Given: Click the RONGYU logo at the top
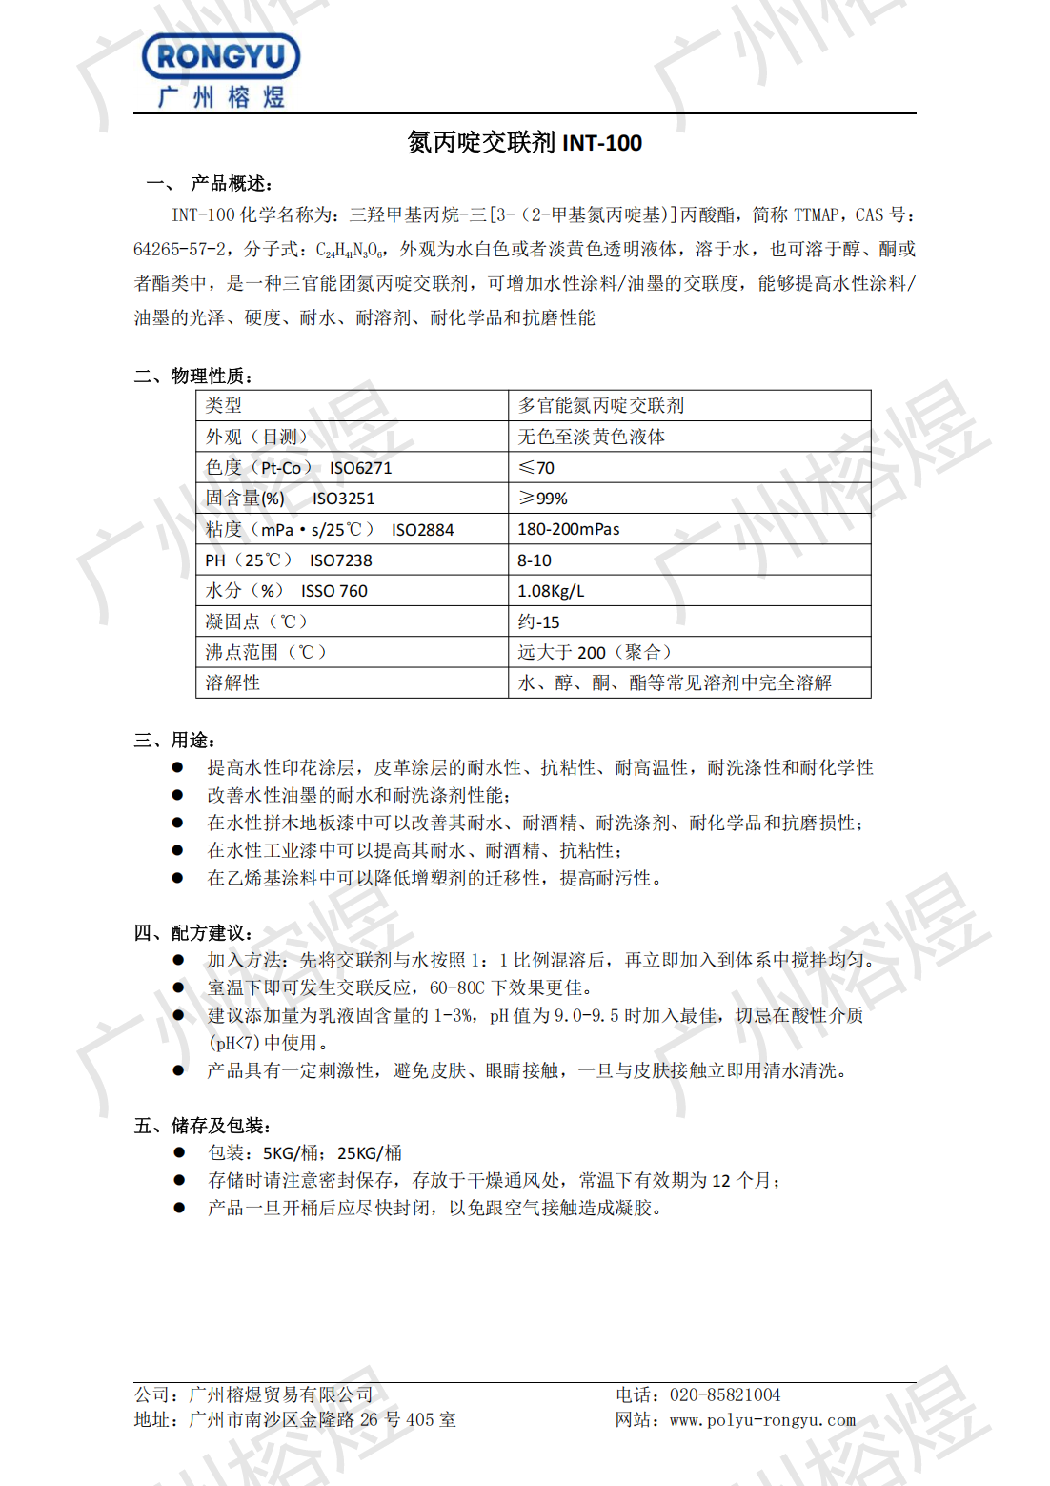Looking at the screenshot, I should pos(221,70).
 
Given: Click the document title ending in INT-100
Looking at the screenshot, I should pos(524,143).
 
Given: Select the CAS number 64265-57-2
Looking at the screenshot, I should pos(180,249).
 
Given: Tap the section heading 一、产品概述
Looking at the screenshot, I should pos(210,183).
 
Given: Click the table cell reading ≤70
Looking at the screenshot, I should pos(536,467).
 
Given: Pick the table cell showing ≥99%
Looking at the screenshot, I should pos(543,499).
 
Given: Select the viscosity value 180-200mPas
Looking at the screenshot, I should pos(569,529).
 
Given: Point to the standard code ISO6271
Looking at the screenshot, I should pos(360,468).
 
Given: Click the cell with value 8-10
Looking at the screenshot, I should pos(535,560).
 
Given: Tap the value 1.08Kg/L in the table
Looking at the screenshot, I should pos(551,591).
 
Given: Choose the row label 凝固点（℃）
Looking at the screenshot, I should pos(256,621).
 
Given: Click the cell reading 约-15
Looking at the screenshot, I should pos(538,622).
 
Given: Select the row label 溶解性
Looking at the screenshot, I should pos(232,682).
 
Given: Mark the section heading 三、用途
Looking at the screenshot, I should pos(174,741).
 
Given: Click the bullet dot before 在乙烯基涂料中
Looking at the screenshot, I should pos(177,878).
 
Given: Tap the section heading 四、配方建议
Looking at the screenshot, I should pos(192,932).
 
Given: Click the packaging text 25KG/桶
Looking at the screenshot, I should pos(370,1153).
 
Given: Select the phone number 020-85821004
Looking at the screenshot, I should pos(725,1395).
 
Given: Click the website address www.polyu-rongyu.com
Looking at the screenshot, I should pos(762,1420).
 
